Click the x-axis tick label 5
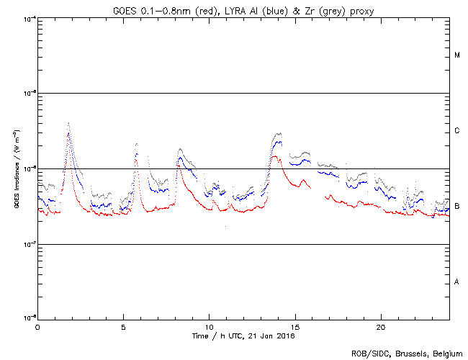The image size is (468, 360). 123,325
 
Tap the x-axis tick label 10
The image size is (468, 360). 209,325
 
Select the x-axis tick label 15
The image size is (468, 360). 294,325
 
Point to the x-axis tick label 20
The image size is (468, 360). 380,325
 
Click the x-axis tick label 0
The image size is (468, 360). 37,325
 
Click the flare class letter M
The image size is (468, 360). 457,55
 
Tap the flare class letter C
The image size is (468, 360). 457,131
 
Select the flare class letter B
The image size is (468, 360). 457,207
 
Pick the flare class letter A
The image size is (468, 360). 457,282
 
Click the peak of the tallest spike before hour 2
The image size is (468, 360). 68,123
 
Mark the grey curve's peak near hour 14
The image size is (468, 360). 278,133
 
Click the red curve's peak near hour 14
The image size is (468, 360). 275,156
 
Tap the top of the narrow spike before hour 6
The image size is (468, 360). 136,143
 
